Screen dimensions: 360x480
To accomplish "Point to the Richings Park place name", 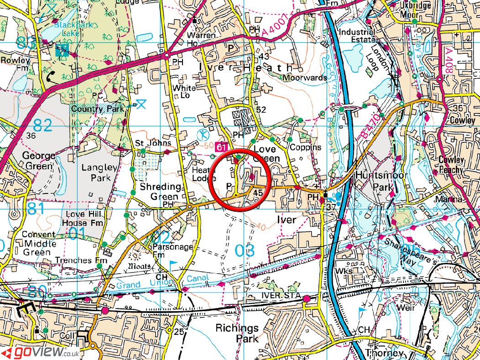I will tap(237, 334).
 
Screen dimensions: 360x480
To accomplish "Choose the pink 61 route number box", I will tap(222, 147).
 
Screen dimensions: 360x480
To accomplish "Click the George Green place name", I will tap(39, 161).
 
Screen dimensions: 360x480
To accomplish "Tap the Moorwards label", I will tap(304, 78).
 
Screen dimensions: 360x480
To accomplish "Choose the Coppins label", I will tap(305, 147).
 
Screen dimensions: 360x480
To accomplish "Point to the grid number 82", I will tap(42, 125).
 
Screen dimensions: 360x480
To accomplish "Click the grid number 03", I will tap(245, 250).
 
